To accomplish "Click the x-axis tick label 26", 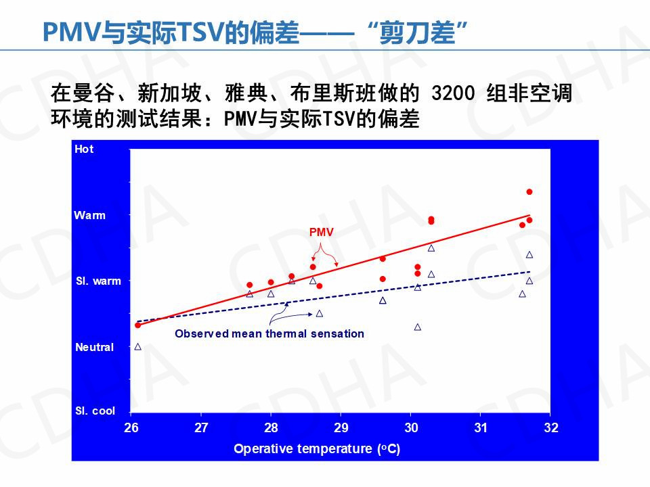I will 131,427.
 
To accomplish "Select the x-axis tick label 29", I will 341,427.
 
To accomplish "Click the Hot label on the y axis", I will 85,149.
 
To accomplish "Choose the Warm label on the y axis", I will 90,215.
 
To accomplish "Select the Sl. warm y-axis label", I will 98,281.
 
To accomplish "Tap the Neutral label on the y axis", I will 94,347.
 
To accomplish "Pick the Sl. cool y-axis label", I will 95,411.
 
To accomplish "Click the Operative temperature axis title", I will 317,449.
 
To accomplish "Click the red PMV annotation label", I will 322,232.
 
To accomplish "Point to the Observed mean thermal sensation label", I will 269,333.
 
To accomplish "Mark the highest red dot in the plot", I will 529,192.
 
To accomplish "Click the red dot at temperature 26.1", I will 138,325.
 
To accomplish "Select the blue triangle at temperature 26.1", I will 138,346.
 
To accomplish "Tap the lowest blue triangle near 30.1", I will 418,327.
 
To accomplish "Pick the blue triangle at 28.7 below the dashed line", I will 320,313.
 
